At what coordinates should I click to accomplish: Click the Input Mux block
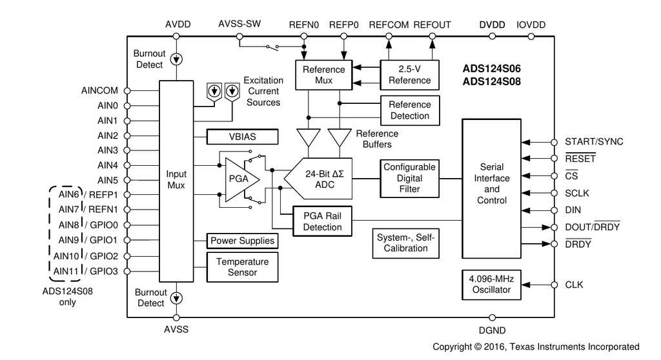(176, 180)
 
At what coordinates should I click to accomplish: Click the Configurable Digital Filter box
(409, 178)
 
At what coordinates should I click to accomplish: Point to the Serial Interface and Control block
(492, 183)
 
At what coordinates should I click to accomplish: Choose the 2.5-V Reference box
(409, 75)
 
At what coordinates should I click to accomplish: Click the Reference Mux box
(323, 75)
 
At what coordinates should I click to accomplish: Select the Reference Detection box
(409, 110)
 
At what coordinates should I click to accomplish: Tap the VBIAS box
(242, 137)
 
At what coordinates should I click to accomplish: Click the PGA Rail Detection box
(321, 221)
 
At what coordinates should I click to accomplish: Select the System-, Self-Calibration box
(405, 243)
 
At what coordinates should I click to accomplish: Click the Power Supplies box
(242, 241)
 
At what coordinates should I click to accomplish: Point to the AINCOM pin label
(100, 91)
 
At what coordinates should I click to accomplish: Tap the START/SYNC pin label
(594, 142)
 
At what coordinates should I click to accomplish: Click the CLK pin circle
(554, 285)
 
